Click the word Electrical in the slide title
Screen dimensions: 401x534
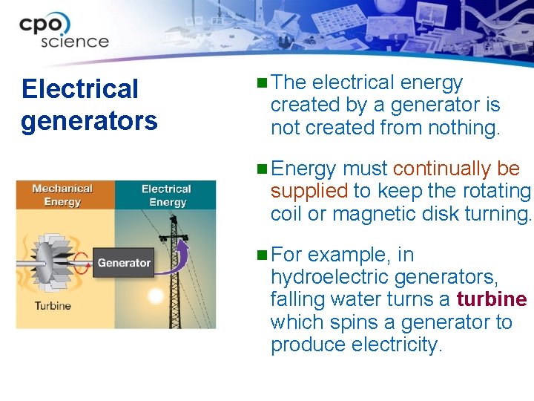(80, 89)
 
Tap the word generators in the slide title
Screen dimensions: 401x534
(89, 120)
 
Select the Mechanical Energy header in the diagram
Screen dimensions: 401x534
(62, 195)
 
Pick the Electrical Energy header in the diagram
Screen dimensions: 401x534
(166, 195)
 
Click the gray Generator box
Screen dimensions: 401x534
(123, 262)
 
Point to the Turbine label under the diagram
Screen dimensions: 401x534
(53, 306)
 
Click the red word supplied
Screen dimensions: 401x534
(309, 192)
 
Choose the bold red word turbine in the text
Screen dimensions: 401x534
(492, 300)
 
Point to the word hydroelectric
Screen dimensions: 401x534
(329, 278)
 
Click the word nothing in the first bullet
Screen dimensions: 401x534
(464, 128)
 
